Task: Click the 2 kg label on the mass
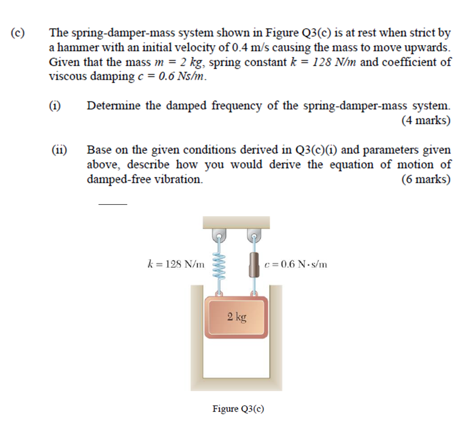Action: pos(236,317)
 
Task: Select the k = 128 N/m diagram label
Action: pos(176,264)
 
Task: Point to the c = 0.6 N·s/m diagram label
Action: pos(295,264)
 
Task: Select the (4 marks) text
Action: pos(426,121)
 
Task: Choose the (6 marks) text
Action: pos(426,180)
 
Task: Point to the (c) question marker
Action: pos(18,33)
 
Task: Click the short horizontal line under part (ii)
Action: pos(112,204)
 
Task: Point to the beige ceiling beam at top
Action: pos(236,222)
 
